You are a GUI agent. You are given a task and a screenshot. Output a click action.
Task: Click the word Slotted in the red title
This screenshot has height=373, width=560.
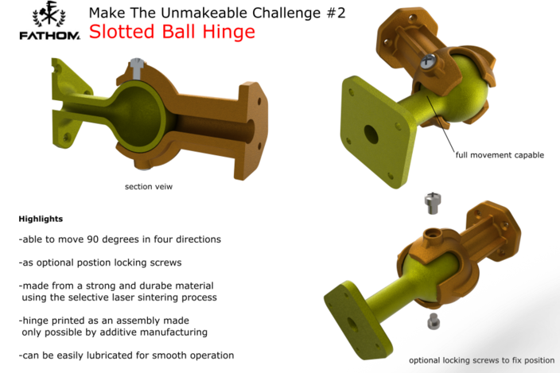(x=118, y=32)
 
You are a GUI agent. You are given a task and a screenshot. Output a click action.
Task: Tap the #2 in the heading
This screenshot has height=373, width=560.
(x=290, y=13)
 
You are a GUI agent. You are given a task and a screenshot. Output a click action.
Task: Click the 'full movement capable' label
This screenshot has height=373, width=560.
(x=499, y=155)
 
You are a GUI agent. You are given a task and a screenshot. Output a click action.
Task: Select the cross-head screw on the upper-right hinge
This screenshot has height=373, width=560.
(x=430, y=60)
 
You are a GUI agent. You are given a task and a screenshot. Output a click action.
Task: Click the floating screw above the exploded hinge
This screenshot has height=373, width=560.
(x=434, y=203)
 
